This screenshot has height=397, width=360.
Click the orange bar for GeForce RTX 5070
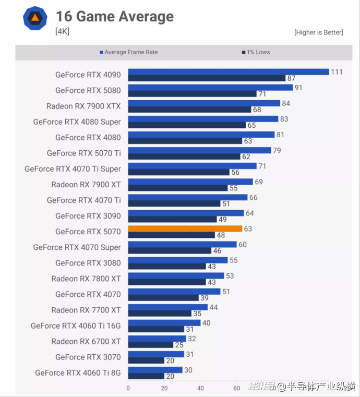point(185,228)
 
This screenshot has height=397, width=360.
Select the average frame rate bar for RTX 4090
point(229,72)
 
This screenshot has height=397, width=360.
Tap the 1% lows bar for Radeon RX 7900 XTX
point(189,110)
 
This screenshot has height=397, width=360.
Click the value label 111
point(337,72)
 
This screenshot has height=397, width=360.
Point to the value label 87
point(291,79)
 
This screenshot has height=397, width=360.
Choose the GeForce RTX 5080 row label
point(88,90)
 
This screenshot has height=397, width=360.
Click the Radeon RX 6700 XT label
point(86,341)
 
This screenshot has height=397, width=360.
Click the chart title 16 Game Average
point(114,16)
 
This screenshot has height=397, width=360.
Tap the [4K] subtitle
point(62,31)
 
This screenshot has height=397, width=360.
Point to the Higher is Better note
point(318,32)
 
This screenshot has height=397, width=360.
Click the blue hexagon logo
point(35,18)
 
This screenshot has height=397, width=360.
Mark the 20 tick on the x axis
point(164,388)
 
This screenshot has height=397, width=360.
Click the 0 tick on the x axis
point(128,388)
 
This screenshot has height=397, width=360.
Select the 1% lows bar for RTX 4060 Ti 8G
point(146,376)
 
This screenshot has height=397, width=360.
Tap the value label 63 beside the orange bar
point(248,228)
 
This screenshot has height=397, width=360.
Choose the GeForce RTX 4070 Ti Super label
point(73,169)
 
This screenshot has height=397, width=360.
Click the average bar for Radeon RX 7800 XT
point(176,275)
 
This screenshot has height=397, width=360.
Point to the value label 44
point(213,307)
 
